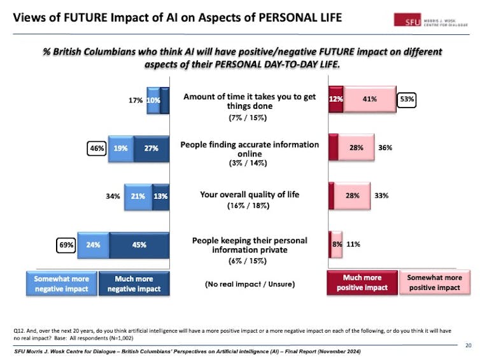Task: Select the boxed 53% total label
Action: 406,99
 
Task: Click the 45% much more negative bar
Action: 139,244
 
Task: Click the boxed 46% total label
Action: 96,148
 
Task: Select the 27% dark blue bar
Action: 150,148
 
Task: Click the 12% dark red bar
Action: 336,99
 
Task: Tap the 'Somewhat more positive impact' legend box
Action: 434,282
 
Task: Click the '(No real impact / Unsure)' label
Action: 250,284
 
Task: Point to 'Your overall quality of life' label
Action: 250,195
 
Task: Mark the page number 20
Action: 468,345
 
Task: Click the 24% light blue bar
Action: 93,244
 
